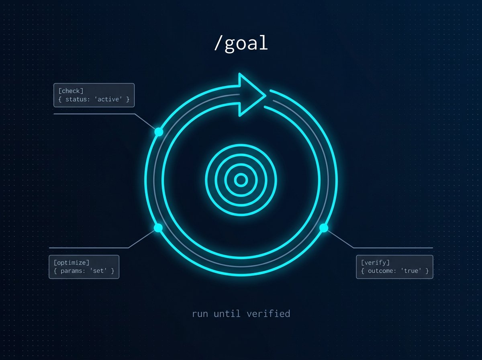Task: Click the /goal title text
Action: click(x=241, y=43)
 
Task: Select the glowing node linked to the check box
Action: click(x=159, y=132)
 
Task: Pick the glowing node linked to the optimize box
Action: click(x=158, y=228)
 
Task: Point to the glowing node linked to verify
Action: click(x=324, y=228)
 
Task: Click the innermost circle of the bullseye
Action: click(x=241, y=180)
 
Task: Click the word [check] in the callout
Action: click(x=71, y=91)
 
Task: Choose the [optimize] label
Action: click(x=71, y=263)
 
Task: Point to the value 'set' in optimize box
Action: click(x=98, y=271)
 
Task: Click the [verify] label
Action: click(x=375, y=263)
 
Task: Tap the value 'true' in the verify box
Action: click(x=411, y=271)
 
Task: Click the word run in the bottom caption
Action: click(x=200, y=314)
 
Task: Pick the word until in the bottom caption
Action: click(x=227, y=314)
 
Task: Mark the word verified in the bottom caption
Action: click(x=268, y=314)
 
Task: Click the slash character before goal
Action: click(x=217, y=43)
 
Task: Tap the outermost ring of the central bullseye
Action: click(x=241, y=145)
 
